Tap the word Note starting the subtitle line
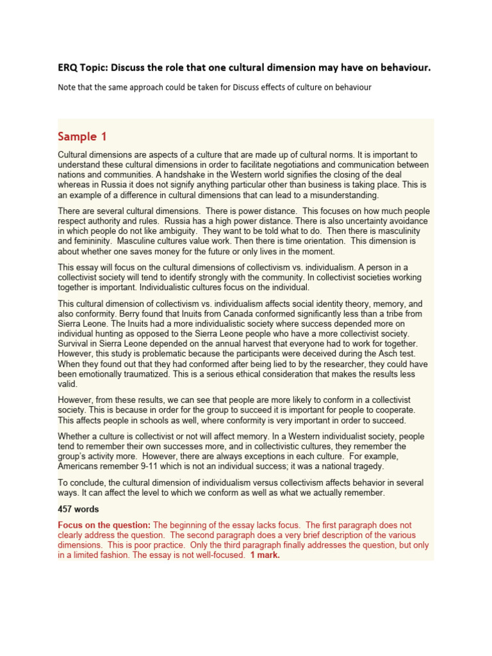[68, 86]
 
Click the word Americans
[80, 466]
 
